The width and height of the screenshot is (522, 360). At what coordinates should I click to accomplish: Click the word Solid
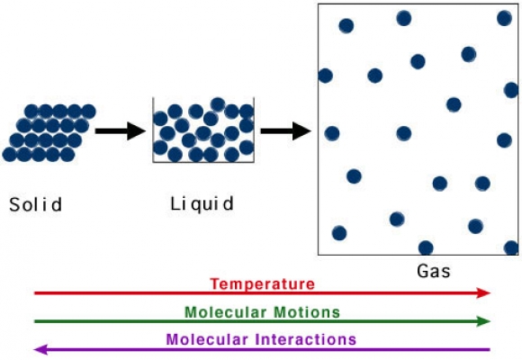click(35, 204)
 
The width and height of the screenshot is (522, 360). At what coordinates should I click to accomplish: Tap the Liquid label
click(202, 204)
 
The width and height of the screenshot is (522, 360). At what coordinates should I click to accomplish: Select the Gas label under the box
click(434, 271)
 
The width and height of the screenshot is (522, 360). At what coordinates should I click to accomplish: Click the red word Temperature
click(262, 284)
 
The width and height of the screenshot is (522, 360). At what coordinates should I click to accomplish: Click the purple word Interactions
click(306, 339)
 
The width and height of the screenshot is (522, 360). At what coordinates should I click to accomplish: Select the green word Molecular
click(225, 312)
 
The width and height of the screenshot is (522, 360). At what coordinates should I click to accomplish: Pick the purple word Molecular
click(207, 339)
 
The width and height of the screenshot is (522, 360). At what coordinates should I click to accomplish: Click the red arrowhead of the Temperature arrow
click(483, 293)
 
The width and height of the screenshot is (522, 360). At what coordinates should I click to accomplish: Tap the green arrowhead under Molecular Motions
click(483, 321)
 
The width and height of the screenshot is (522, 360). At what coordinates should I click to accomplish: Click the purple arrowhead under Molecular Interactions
click(41, 350)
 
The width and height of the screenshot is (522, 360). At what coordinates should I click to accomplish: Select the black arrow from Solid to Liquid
click(121, 130)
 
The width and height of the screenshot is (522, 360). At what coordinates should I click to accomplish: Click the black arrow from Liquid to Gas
click(285, 130)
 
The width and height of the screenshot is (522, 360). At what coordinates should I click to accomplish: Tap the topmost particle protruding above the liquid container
click(218, 104)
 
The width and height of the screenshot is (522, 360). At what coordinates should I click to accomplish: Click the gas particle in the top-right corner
click(504, 18)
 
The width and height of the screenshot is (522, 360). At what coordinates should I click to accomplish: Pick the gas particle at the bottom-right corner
click(511, 248)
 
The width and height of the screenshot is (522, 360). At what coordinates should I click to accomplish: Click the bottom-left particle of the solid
click(10, 155)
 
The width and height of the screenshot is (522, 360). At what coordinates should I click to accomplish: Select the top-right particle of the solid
click(88, 112)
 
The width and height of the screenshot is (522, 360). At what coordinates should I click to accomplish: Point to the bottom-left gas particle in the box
click(339, 233)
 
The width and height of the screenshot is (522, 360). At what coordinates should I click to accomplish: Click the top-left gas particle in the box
click(346, 25)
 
